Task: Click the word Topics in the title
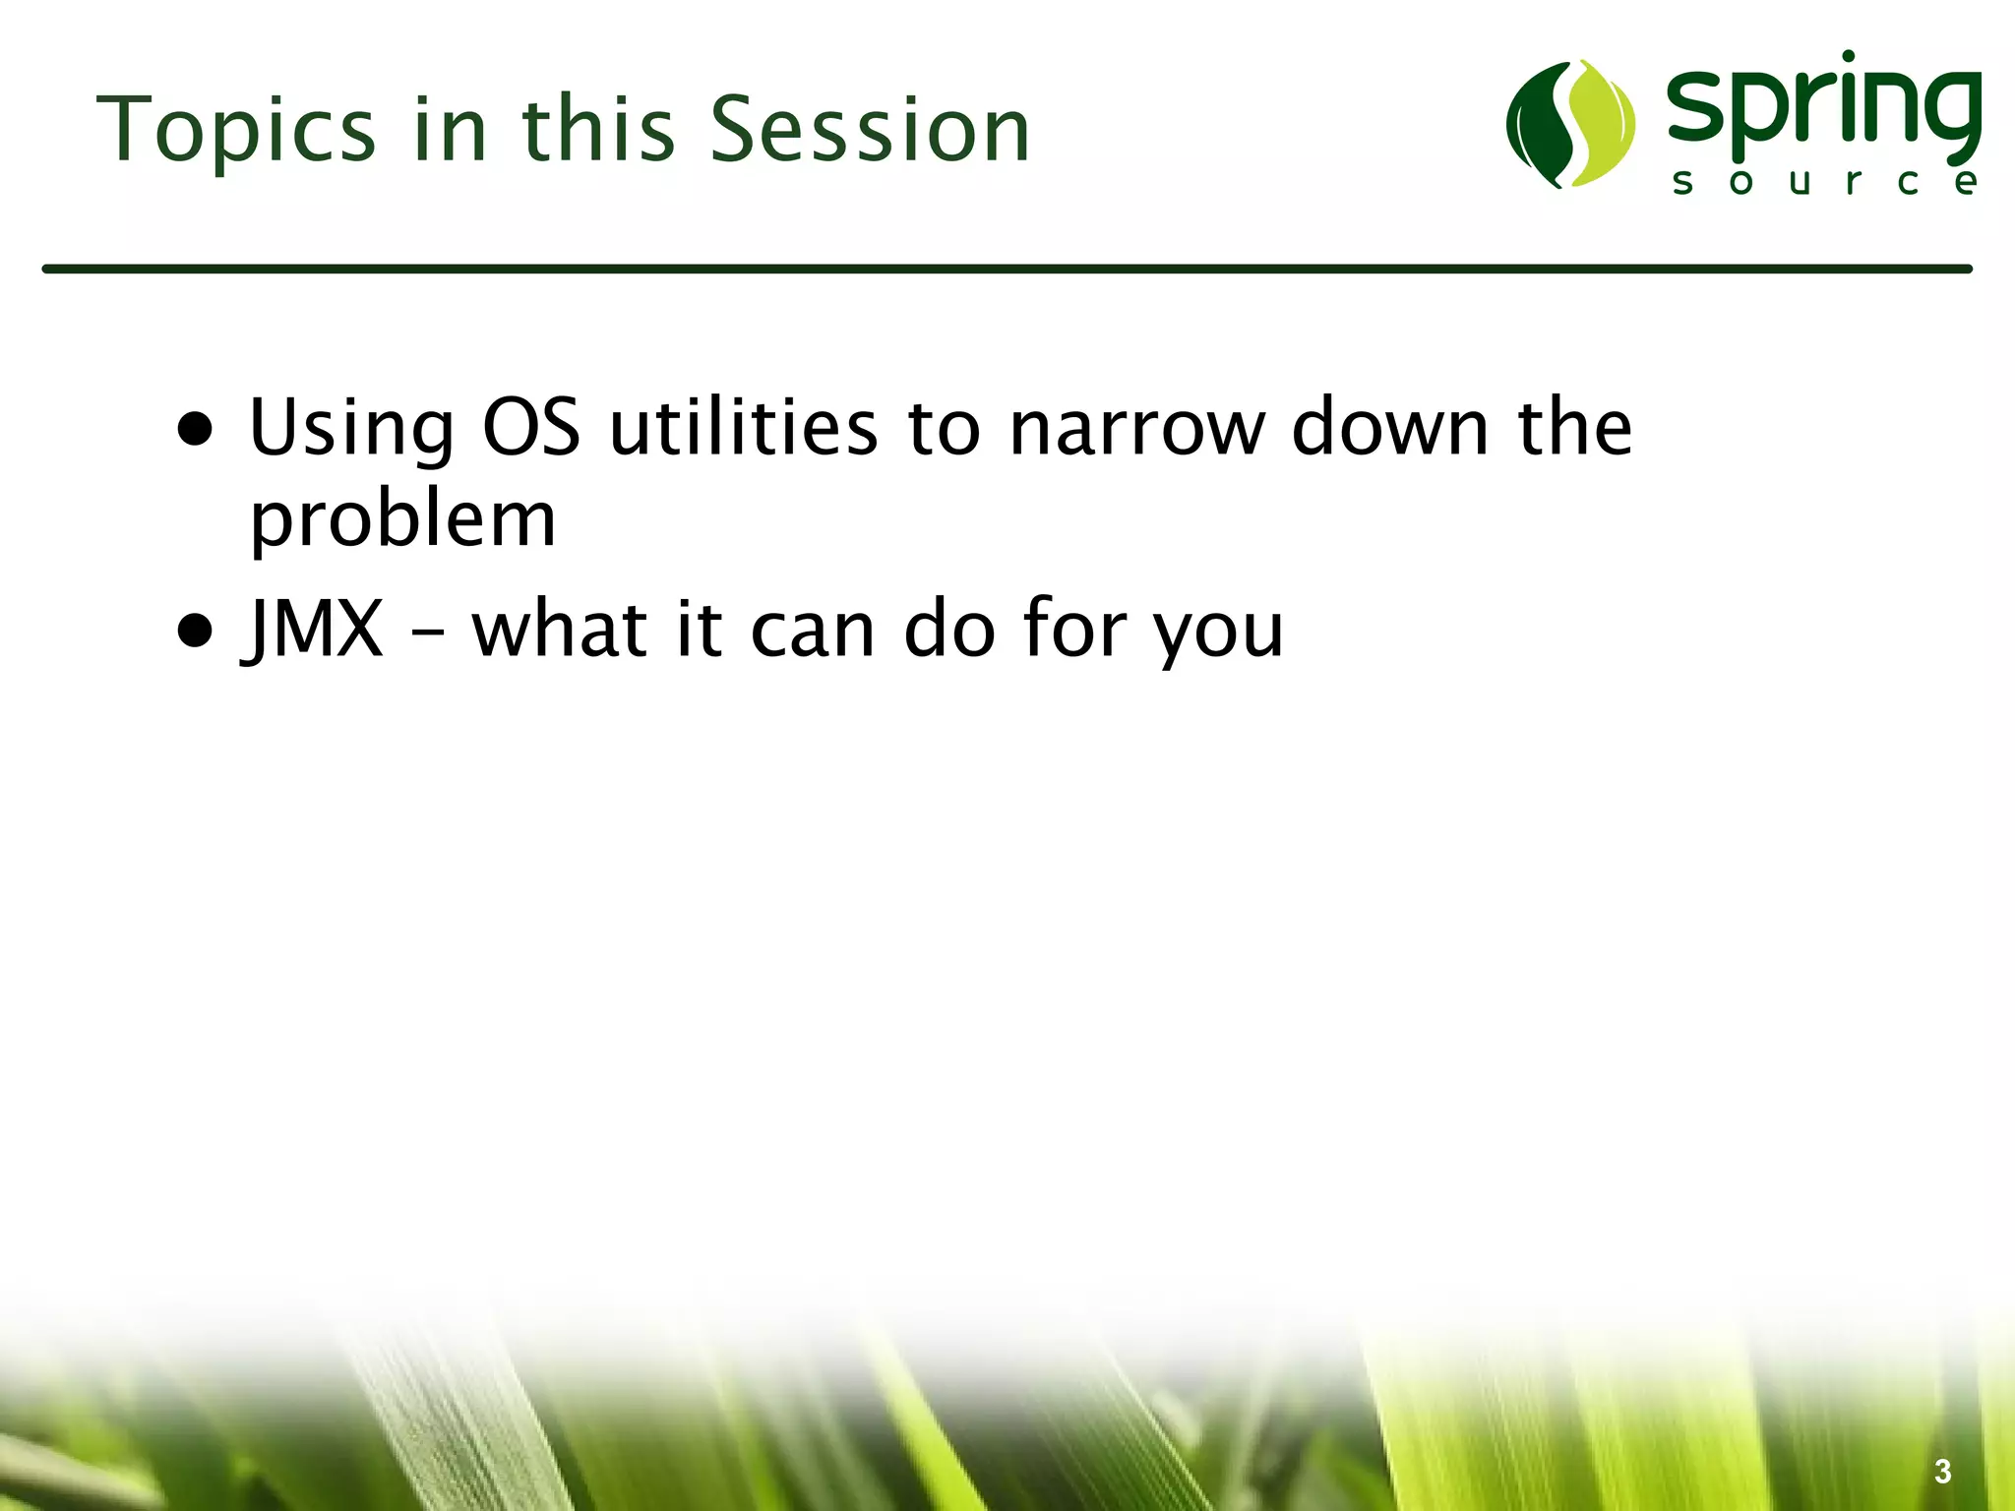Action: [x=236, y=131]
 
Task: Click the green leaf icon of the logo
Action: [x=1570, y=124]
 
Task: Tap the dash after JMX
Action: [x=427, y=635]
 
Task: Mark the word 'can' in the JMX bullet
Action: [x=813, y=631]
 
